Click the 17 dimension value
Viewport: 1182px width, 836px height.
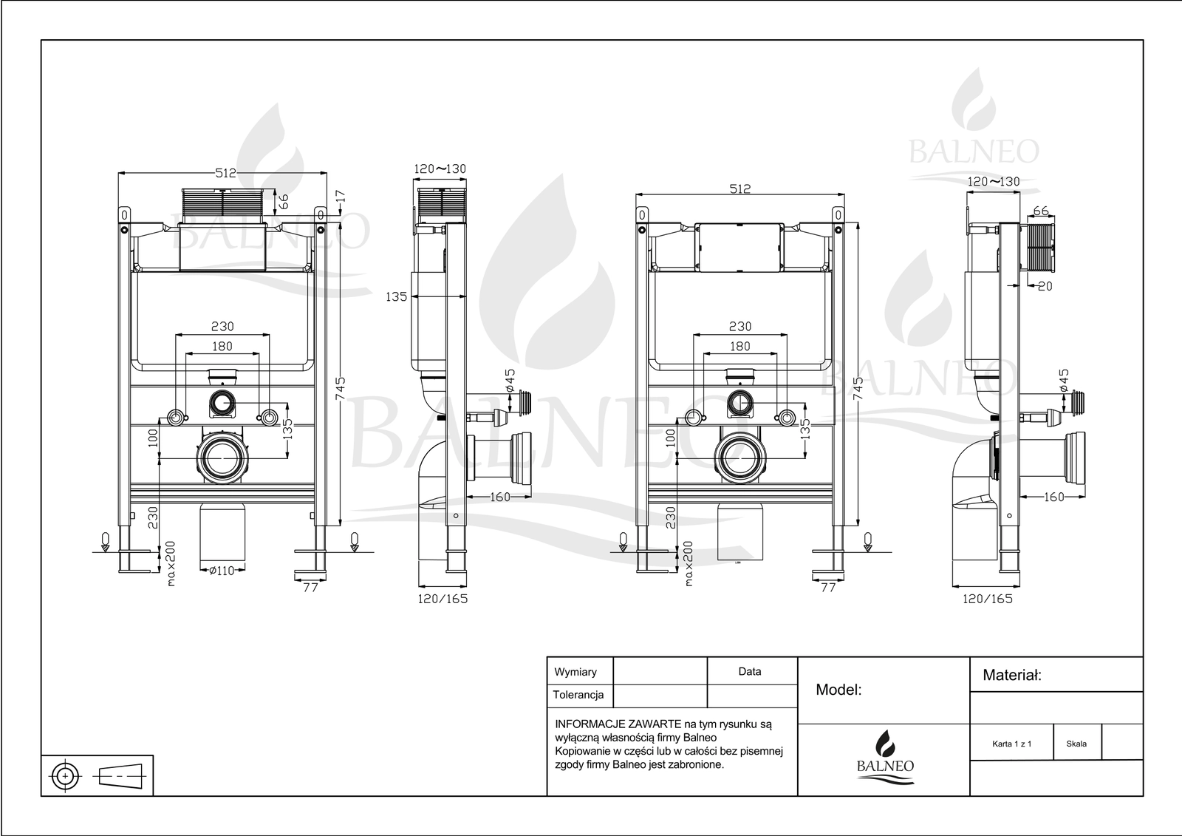click(x=341, y=197)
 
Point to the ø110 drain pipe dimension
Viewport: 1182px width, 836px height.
click(x=222, y=571)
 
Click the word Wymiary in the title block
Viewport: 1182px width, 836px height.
click(x=575, y=673)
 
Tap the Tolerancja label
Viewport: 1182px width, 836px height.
click(x=578, y=695)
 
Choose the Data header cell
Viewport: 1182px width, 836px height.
click(x=750, y=672)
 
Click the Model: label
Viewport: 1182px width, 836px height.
click(x=838, y=690)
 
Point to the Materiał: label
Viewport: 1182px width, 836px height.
click(x=1012, y=675)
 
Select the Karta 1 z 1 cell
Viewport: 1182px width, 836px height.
click(x=1011, y=744)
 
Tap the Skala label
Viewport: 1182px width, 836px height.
click(x=1076, y=744)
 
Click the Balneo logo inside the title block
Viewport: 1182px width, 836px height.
click(x=885, y=757)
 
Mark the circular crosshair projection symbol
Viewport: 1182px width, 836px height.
click(x=66, y=776)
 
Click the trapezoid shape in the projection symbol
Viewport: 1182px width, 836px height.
click(x=119, y=777)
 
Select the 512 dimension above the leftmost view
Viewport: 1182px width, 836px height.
click(x=225, y=173)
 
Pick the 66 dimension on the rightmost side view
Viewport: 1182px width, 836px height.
click(x=1040, y=211)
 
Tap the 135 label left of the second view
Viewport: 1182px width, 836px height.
click(x=396, y=297)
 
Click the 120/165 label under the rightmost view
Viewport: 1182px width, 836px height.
click(x=988, y=599)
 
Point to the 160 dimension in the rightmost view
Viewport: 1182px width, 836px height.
click(x=1053, y=497)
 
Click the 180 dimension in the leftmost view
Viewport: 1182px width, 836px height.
click(x=222, y=347)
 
